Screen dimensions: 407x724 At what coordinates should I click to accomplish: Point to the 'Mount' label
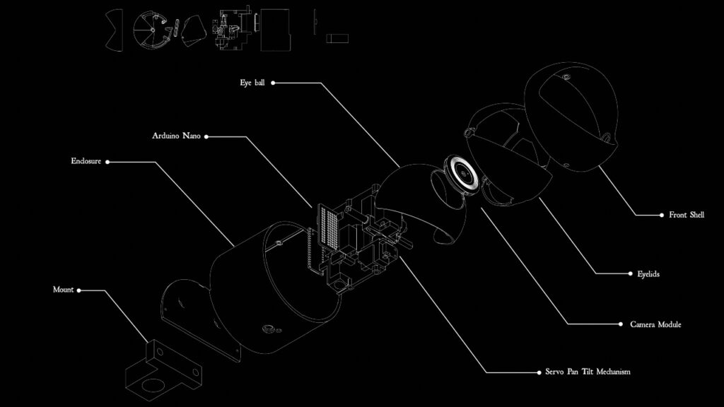(x=63, y=290)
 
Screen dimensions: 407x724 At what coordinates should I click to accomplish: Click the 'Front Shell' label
(x=687, y=215)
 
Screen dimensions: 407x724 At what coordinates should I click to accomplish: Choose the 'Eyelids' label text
(x=643, y=273)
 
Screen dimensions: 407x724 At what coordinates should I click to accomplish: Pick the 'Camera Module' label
(x=655, y=324)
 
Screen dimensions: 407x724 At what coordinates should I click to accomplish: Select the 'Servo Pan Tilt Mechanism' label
(x=588, y=372)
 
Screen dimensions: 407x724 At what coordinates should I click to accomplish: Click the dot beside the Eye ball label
(x=273, y=83)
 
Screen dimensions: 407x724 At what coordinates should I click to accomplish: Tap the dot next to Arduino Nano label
(x=206, y=136)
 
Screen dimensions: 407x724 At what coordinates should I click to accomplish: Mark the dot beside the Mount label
(x=79, y=290)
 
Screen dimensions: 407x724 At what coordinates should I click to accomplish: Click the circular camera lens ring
(x=462, y=174)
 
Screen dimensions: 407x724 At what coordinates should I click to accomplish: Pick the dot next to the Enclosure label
(x=107, y=161)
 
